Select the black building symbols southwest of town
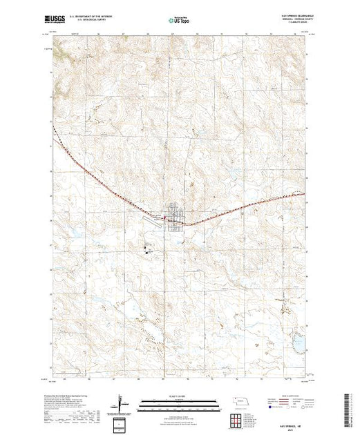coord(146,248)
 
